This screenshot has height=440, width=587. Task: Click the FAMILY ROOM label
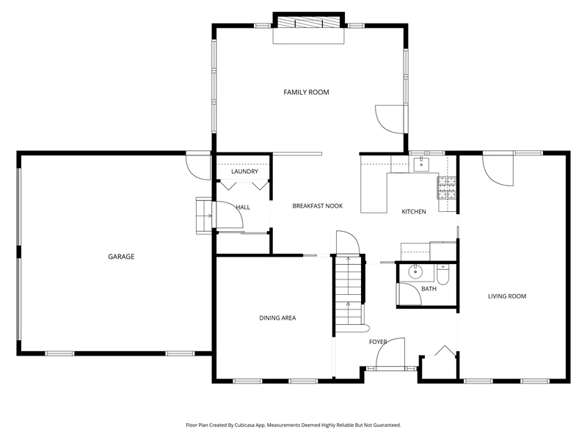pos(306,92)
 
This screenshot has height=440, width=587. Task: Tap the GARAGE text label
pos(121,256)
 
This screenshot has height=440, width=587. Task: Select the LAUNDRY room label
pos(244,172)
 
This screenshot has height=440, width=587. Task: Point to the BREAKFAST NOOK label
pos(318,206)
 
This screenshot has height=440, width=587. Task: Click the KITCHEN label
pos(414,211)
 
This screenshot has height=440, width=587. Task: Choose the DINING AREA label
pos(277,318)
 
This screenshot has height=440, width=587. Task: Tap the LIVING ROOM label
pos(507,296)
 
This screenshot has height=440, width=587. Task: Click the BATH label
pos(429,288)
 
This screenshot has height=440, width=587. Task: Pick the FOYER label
pos(378,342)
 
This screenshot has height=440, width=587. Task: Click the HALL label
pos(243,207)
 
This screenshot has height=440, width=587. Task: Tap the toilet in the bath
pos(442,274)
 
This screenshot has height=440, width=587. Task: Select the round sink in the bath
pos(415,272)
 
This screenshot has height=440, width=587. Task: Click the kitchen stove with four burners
pos(447,188)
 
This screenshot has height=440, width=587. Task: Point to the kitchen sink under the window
pos(421,164)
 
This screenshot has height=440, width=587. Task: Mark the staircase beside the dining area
pos(349,293)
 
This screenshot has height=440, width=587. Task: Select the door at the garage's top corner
pos(198,166)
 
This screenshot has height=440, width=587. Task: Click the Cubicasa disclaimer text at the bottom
pos(293,425)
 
